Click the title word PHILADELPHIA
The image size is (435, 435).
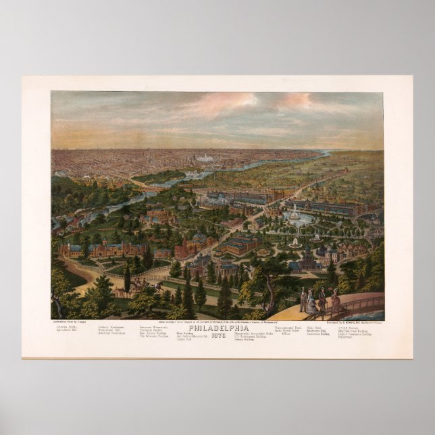point(217,328)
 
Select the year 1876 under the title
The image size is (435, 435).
point(217,336)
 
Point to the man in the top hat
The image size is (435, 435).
point(303,299)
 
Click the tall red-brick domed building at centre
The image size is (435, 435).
point(186,247)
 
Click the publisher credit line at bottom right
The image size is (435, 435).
point(349,322)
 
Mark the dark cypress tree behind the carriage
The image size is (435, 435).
point(127,278)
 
